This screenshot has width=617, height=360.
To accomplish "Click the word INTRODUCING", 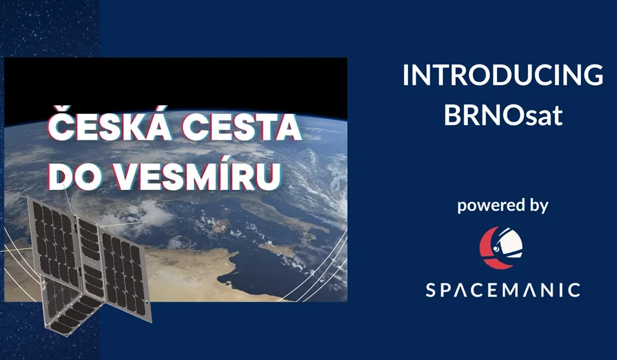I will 502,75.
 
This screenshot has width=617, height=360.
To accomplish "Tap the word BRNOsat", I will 503,115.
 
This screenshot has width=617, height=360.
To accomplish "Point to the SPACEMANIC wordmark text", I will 503,289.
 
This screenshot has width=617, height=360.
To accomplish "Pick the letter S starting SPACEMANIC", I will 432,289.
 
